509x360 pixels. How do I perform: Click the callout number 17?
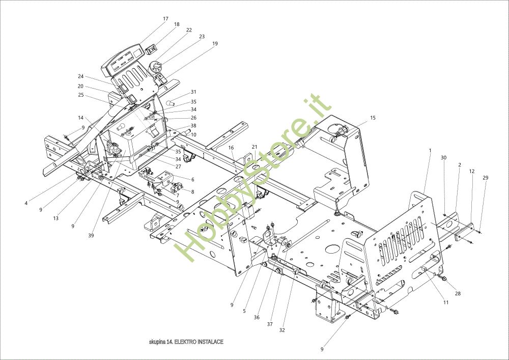pos(165,19)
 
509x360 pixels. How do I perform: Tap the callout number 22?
pos(189,30)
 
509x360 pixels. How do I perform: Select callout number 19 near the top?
pos(215,44)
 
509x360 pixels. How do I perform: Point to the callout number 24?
pos(80,77)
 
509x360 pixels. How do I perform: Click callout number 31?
pos(193,92)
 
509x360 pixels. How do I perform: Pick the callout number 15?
pos(373,118)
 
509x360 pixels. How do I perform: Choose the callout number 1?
pos(430,151)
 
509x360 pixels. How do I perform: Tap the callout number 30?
pos(443,158)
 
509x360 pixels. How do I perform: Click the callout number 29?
pos(485,178)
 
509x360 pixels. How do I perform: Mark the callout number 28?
pos(458,294)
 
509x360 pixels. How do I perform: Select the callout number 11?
pos(446,302)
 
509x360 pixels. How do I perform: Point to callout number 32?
pos(282,330)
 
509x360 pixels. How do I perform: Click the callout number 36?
pos(257,317)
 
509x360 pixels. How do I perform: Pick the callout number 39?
pos(91,236)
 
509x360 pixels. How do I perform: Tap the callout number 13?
pos(55,218)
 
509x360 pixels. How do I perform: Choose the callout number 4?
pos(26,204)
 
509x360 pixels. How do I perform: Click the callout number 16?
pos(231,148)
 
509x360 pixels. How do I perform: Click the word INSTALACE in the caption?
pos(210,342)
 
